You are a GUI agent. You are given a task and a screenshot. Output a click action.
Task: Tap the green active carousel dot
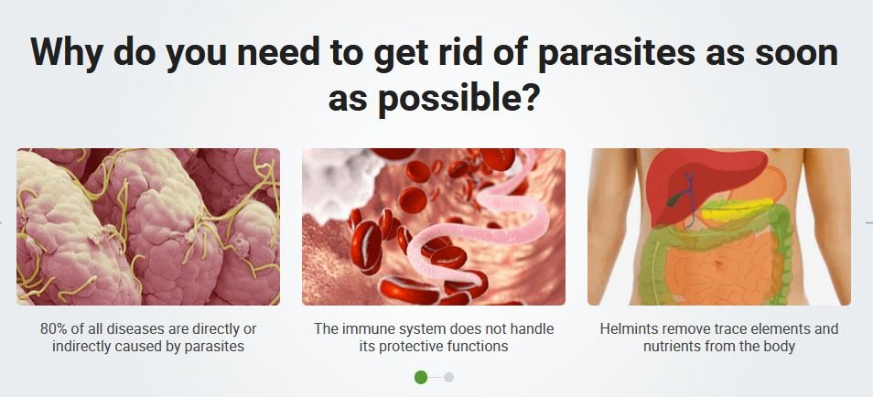coord(421,377)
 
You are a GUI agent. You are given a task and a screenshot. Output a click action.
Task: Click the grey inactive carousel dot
coord(448,377)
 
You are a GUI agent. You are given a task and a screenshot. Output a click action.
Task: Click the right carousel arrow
coord(868,222)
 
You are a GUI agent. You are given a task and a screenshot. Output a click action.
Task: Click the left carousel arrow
coord(3,222)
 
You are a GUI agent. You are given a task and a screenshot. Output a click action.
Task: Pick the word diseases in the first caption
coord(135,328)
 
